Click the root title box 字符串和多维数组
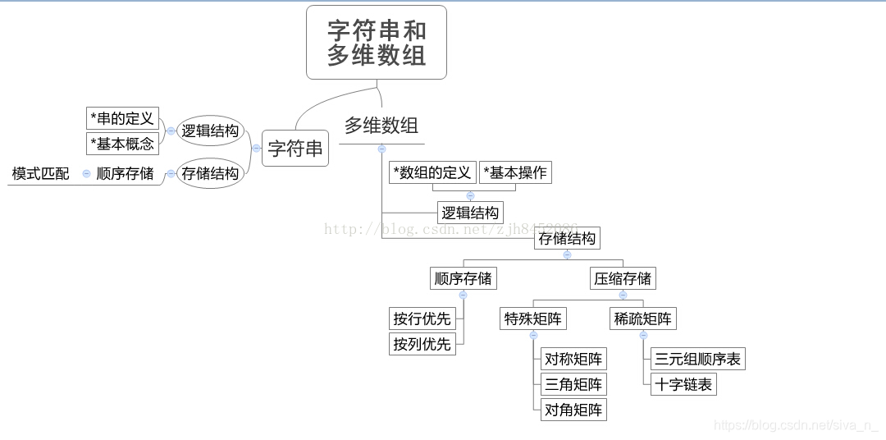[377, 43]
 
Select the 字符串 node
[295, 149]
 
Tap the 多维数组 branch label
[381, 126]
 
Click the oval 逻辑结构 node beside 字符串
[210, 131]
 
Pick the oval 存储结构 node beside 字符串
[210, 173]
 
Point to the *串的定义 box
[122, 118]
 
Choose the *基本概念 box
[122, 144]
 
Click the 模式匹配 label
[40, 173]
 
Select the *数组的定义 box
[432, 172]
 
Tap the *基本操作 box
[515, 172]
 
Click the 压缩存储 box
[623, 278]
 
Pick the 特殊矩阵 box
[534, 319]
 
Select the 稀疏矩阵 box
[643, 319]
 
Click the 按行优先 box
[422, 319]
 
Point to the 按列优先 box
[422, 344]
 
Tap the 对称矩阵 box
[573, 359]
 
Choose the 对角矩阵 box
[573, 410]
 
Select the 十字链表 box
[683, 384]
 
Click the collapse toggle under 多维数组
[381, 149]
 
